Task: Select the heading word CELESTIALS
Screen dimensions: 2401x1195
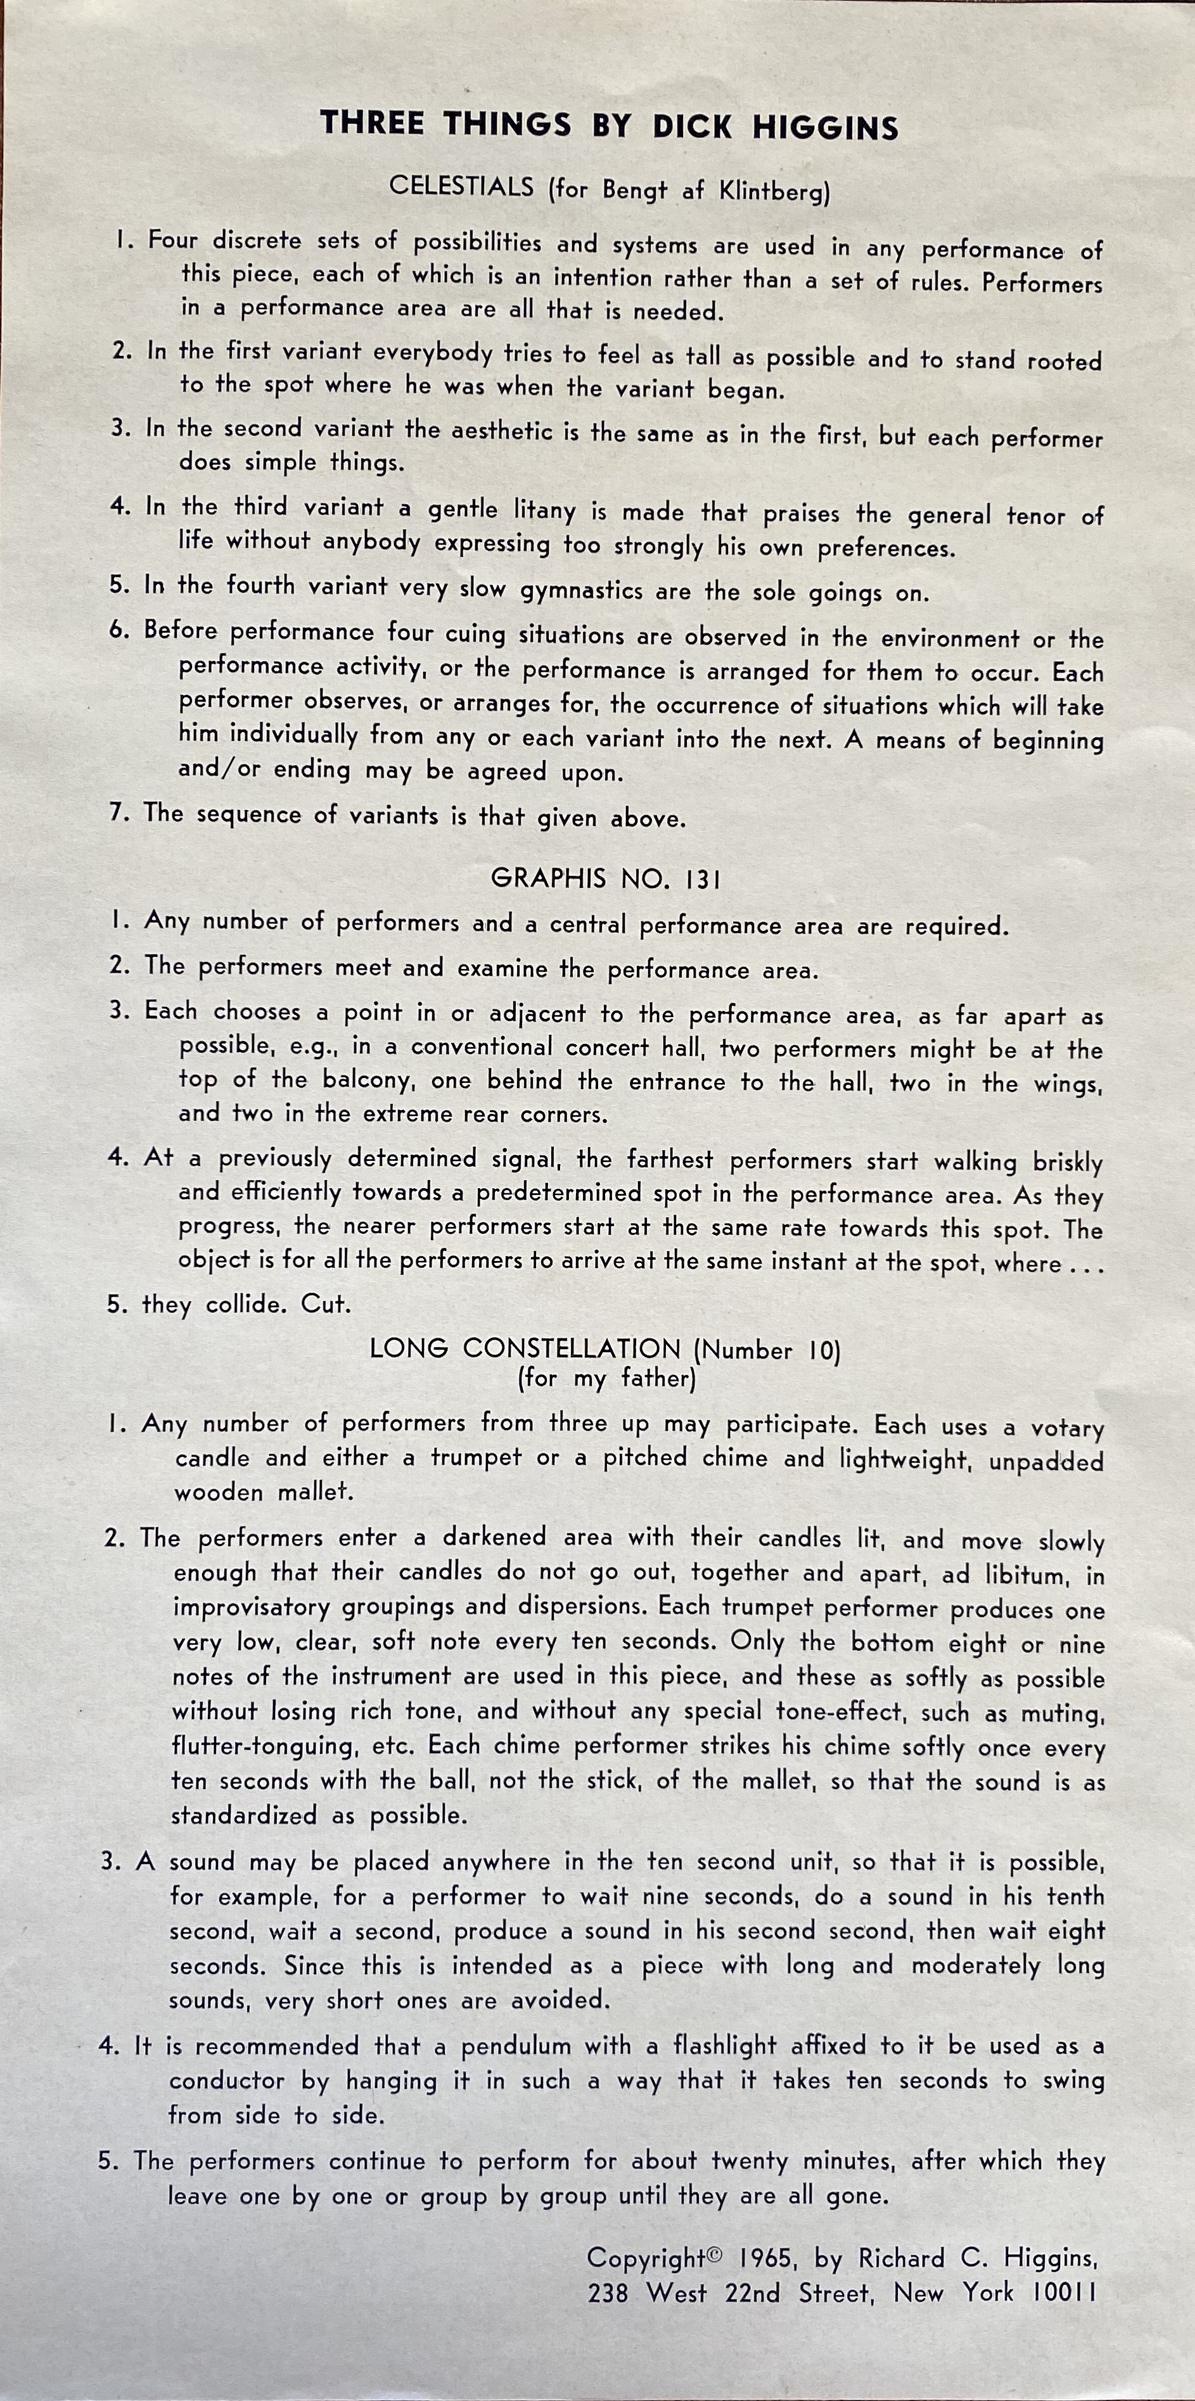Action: (x=461, y=186)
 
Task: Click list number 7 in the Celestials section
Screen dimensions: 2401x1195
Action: (x=118, y=812)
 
